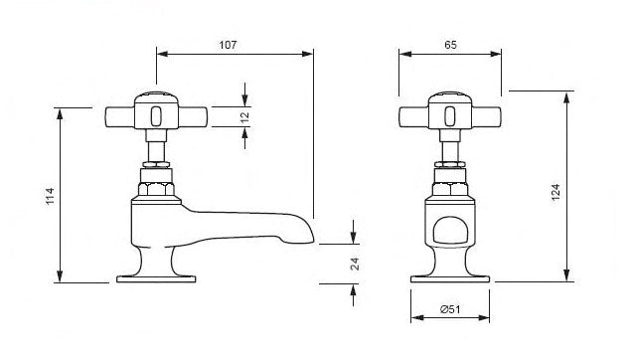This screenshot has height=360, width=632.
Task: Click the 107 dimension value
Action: pos(228,45)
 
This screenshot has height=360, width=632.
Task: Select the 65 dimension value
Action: pos(450,45)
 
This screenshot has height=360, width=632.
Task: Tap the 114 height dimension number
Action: pos(50,196)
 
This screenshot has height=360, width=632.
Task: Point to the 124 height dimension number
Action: pos(555,192)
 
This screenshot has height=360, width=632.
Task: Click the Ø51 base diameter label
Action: pos(450,309)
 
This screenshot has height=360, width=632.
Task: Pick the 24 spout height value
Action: pos(355,264)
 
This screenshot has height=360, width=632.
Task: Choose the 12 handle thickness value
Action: pos(244,117)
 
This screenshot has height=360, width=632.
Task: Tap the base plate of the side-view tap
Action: pos(156,279)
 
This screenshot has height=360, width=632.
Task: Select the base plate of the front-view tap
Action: pos(450,279)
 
